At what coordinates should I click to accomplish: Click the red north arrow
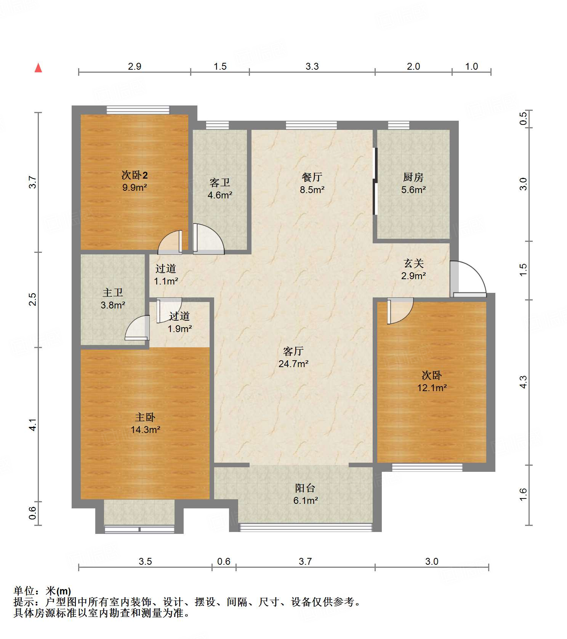[38, 68]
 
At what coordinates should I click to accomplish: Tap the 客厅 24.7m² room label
[293, 357]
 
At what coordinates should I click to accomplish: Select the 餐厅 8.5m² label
[312, 183]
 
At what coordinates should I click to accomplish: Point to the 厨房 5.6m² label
[413, 183]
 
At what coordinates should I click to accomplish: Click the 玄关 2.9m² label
[413, 269]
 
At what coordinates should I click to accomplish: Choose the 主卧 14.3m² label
[145, 423]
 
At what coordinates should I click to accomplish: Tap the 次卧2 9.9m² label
[135, 181]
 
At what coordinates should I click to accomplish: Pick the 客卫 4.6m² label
[220, 189]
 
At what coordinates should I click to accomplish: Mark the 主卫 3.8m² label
[113, 299]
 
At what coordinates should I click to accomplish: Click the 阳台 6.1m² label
[305, 494]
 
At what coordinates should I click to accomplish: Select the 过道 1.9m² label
[179, 322]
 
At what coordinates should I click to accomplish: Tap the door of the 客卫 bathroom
[208, 239]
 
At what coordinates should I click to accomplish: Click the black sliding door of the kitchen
[375, 181]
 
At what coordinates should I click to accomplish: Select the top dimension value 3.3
[312, 66]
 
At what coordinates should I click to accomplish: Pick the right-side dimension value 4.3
[524, 382]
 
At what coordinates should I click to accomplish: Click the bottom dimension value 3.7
[305, 561]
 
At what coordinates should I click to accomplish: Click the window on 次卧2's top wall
[138, 110]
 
